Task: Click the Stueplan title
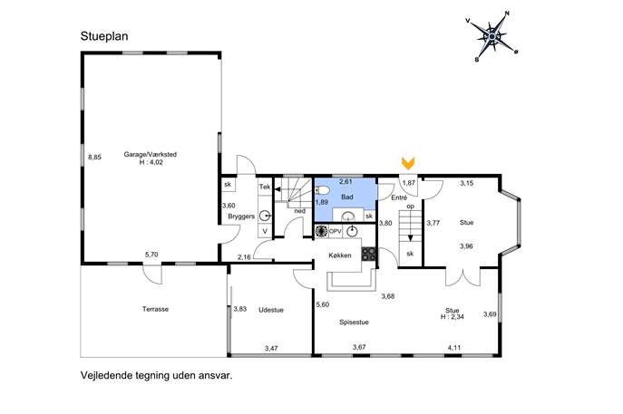104,36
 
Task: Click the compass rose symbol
492,36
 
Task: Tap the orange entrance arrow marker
408,163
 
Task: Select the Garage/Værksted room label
151,154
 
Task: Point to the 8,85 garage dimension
94,158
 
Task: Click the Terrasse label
155,309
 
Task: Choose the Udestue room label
271,310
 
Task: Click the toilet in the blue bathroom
322,191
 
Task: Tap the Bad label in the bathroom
347,197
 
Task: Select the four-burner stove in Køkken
368,254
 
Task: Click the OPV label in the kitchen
336,231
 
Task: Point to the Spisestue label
354,323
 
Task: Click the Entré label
399,197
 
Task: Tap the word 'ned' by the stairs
300,211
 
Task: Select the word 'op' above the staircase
411,207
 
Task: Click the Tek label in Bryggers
265,187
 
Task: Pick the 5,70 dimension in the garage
151,255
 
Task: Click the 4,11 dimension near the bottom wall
454,348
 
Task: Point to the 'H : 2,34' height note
453,317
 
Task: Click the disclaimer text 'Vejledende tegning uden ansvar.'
157,375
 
